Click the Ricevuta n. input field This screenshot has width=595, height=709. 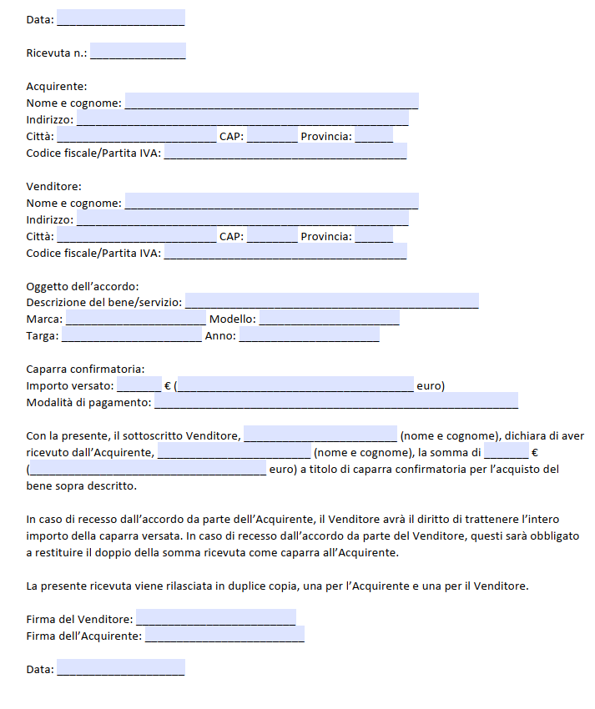point(138,52)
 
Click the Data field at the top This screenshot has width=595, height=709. point(121,18)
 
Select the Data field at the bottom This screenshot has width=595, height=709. point(121,667)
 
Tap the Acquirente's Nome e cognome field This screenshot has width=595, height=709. point(271,102)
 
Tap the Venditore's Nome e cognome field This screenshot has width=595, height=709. point(271,201)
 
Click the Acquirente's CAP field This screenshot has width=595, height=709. point(272,135)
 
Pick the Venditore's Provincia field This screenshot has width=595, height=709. point(374,234)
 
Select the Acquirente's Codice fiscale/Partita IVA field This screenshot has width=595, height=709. point(285,152)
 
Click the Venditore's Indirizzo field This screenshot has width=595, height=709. point(242,218)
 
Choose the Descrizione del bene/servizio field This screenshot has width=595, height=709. point(332,301)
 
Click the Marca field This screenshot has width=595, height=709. point(135,318)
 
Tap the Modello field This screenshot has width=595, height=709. point(330,318)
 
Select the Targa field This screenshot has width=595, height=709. point(131,334)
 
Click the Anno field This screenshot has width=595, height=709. point(310,334)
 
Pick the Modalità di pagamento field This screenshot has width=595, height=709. point(335,401)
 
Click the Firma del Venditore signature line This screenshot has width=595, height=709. point(215,617)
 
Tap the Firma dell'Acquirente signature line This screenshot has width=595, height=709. point(224,635)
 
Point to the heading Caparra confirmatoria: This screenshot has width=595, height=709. point(86,369)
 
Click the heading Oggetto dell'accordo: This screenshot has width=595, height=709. point(83,286)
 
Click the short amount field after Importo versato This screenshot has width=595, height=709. point(139,385)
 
